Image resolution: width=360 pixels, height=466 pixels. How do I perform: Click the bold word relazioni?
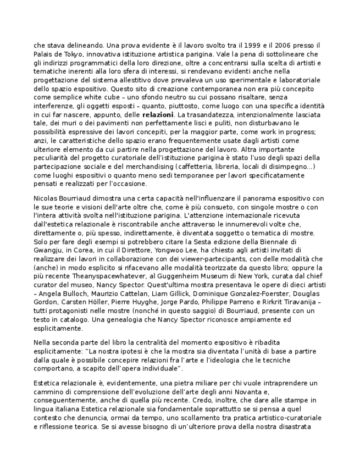coord(158,115)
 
